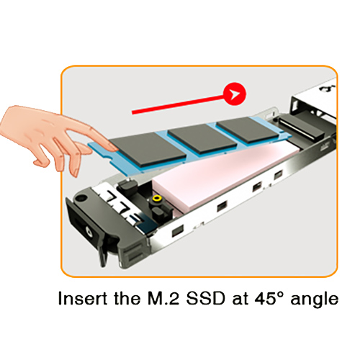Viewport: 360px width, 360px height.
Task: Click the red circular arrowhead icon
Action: click(235, 94)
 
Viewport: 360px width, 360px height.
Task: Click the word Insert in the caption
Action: click(83, 298)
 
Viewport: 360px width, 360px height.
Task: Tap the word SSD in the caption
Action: click(206, 298)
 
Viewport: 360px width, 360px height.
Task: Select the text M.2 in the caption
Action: click(163, 298)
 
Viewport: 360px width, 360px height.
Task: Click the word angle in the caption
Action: click(315, 300)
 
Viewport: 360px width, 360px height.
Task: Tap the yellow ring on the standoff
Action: click(157, 199)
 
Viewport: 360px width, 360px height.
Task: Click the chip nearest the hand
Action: click(147, 150)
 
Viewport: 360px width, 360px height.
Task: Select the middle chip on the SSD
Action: click(202, 138)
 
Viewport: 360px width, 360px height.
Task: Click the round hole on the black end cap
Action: click(81, 198)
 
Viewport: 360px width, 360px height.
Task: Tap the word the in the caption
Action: click(127, 298)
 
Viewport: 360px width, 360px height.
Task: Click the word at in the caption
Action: click(240, 300)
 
